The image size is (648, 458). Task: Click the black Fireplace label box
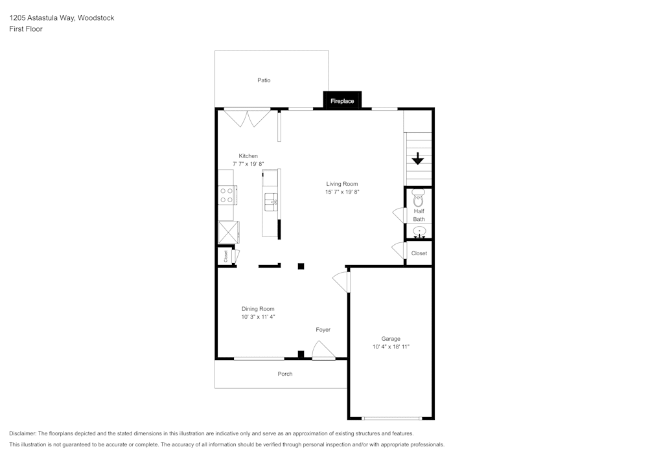point(342,100)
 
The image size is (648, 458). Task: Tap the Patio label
point(264,80)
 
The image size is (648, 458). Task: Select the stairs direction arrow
point(418,159)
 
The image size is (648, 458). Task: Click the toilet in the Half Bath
point(419,198)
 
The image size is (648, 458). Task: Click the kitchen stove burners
point(226,196)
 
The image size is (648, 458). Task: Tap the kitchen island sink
point(271,202)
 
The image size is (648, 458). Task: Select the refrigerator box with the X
point(229,232)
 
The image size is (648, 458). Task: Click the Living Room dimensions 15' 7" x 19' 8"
point(342,192)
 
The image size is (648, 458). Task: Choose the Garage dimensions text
point(391,347)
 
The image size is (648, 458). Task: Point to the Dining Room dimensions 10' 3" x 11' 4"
point(259,317)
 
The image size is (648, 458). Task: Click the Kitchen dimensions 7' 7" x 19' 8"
point(248,163)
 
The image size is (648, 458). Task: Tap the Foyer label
point(323,330)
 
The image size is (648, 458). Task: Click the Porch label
point(285,374)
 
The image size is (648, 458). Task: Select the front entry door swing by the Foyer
point(323,350)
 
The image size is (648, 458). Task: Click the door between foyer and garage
point(341,282)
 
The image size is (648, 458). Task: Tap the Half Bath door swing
point(399,215)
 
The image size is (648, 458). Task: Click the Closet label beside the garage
point(419,253)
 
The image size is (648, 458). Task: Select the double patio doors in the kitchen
point(247,118)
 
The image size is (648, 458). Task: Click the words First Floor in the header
point(26,29)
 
